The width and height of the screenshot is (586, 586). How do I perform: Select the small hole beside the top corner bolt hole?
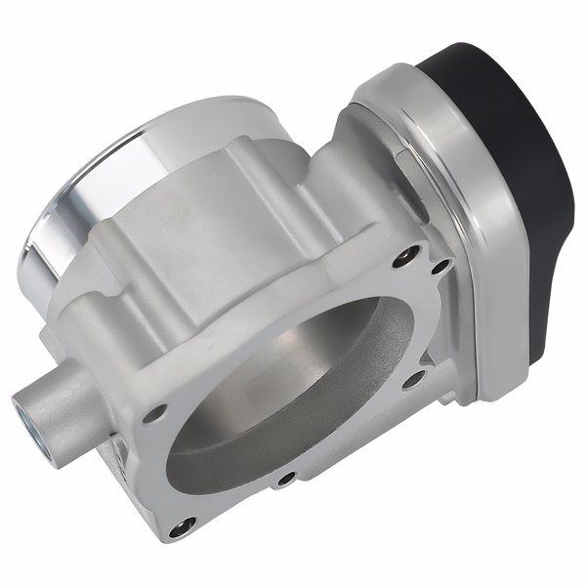439,265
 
